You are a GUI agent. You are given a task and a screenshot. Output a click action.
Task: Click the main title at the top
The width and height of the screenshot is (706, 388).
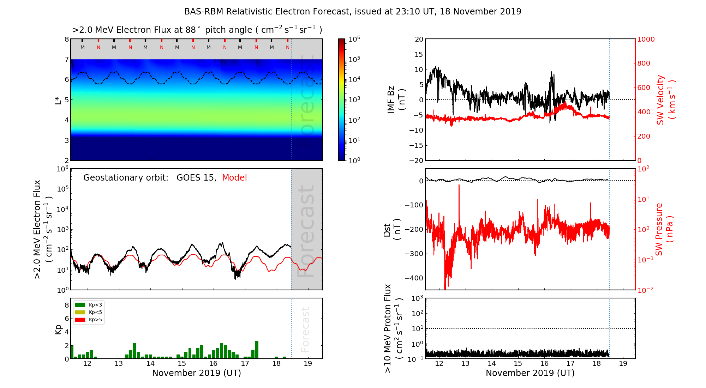pos(353,12)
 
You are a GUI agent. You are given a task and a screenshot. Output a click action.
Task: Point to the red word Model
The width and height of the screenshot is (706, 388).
pos(234,178)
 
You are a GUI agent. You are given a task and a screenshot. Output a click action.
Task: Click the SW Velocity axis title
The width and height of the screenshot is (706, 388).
pos(666,100)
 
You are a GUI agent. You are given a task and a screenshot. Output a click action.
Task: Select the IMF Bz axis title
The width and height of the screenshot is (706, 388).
pos(396,99)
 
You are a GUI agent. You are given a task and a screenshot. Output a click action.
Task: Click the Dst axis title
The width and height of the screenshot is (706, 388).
pos(392,230)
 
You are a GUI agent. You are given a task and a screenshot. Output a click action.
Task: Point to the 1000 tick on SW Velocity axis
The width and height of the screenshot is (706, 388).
pos(646,39)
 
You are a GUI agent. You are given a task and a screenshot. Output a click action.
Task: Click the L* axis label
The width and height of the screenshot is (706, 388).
pos(58,99)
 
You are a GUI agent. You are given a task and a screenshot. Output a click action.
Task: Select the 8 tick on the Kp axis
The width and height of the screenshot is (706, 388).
pos(67,305)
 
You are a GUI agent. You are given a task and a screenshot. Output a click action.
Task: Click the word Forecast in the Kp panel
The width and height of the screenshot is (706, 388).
pos(305,329)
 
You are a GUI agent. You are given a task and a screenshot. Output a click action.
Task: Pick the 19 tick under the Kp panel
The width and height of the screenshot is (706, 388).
pos(308,364)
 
